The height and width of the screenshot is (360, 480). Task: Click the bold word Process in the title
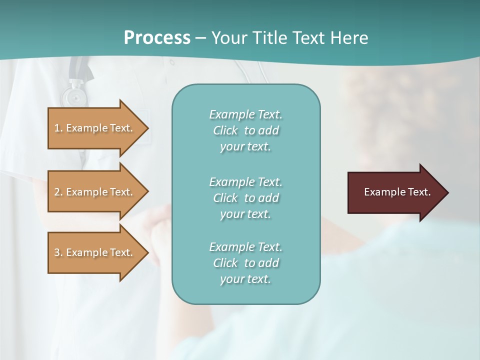[x=157, y=37]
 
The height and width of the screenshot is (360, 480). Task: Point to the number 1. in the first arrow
[x=58, y=128]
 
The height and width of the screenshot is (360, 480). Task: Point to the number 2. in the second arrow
[x=58, y=192]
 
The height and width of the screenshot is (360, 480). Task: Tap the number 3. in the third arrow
[x=58, y=252]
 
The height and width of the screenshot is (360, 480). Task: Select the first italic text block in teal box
[x=245, y=130]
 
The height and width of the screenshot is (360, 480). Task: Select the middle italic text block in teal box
[x=245, y=198]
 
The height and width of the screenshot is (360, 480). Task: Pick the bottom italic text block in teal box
[x=245, y=263]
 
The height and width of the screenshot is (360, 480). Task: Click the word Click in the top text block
[x=225, y=131]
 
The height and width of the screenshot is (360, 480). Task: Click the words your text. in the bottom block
[x=245, y=279]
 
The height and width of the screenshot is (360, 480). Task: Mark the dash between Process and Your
[x=200, y=38]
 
